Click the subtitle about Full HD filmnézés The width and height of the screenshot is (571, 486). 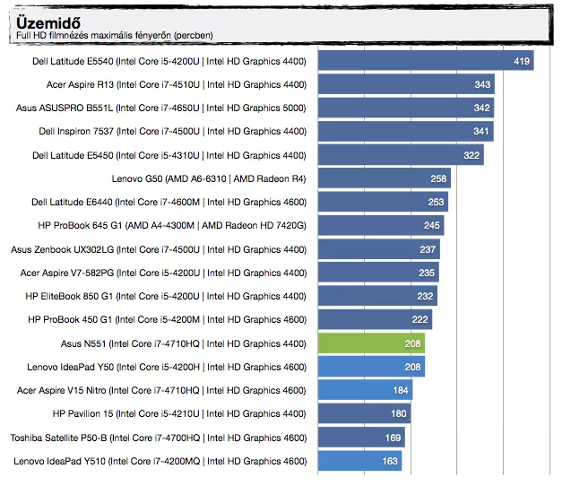click(115, 36)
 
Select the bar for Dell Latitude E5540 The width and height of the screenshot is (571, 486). click(425, 61)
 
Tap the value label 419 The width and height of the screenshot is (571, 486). click(522, 61)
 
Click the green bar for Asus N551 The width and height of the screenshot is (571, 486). click(371, 343)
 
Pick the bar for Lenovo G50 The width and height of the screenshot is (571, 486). click(384, 178)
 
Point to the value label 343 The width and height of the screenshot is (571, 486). click(483, 84)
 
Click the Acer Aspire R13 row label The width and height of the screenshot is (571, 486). click(177, 84)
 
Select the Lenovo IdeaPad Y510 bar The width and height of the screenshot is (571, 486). click(359, 461)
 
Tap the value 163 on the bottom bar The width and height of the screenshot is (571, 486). click(391, 461)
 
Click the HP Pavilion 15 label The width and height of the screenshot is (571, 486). click(179, 414)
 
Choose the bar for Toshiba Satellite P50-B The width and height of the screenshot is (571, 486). click(361, 438)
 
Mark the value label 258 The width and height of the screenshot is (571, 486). click(438, 178)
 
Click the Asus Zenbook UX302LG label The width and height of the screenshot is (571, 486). click(159, 249)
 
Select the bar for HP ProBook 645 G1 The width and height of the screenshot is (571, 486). click(381, 225)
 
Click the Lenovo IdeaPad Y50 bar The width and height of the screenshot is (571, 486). click(371, 367)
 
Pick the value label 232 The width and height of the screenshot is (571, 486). click(426, 296)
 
